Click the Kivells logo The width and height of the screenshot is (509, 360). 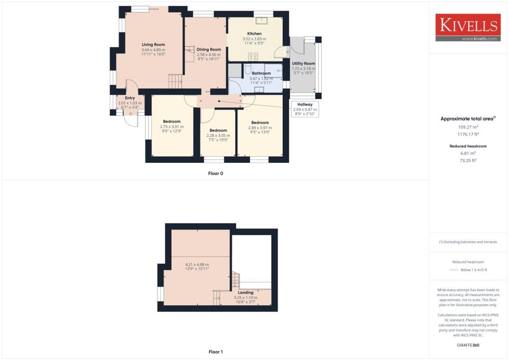[x=468, y=27]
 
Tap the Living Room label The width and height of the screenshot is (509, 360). [x=153, y=45]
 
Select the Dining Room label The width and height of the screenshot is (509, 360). [x=209, y=49]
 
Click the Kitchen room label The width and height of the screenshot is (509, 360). [x=254, y=34]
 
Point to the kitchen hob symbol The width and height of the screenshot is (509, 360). [x=254, y=56]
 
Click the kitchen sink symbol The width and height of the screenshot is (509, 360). [x=261, y=21]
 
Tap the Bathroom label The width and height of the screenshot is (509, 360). [x=261, y=73]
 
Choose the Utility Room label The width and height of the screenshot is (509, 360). [x=304, y=64]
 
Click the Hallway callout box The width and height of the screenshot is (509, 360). [x=305, y=109]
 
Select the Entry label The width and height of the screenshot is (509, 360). [x=130, y=98]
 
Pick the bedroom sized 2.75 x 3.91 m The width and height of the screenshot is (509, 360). [x=171, y=126]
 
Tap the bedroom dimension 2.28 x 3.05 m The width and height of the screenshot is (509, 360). [x=218, y=135]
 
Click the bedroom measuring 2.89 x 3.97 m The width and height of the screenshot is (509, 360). [x=260, y=127]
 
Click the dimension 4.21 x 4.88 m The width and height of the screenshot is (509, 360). [x=197, y=265]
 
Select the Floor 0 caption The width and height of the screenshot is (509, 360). [x=215, y=174]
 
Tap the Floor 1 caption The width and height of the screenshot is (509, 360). [x=215, y=352]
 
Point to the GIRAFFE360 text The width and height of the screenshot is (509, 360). [x=468, y=345]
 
